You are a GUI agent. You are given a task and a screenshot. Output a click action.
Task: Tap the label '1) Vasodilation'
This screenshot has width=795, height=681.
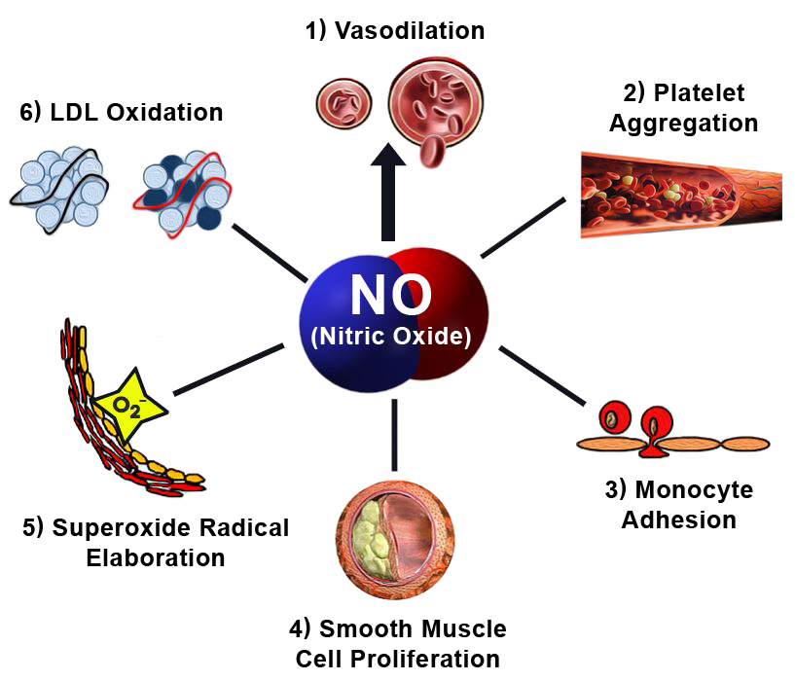click(394, 30)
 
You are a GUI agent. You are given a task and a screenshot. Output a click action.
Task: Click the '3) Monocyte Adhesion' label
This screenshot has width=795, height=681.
click(678, 503)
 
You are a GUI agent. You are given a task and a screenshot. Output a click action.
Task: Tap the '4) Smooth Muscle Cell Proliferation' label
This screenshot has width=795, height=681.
click(398, 641)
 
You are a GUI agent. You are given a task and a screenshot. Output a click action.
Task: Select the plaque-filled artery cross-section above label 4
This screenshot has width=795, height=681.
click(397, 539)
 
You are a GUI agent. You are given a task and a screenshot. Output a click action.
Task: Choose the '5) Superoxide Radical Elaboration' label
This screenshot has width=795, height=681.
click(156, 542)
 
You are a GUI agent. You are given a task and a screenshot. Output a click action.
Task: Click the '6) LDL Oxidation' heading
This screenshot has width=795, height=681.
click(122, 113)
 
